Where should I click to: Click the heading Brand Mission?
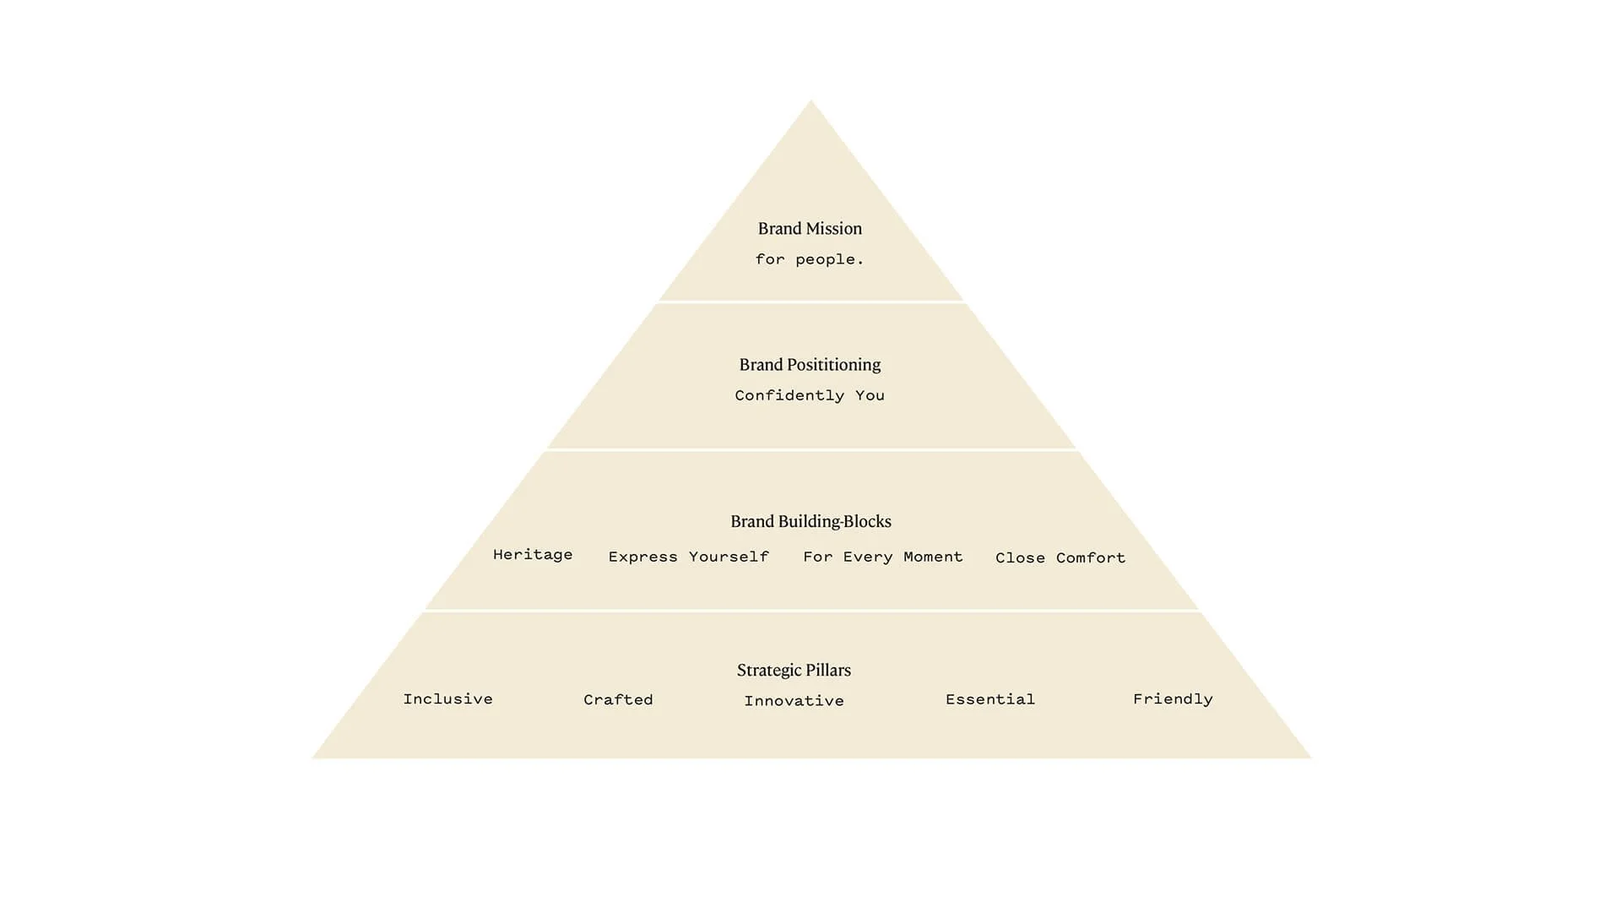(810, 229)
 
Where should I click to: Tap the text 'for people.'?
(810, 259)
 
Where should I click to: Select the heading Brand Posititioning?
(810, 365)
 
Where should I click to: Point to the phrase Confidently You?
(810, 395)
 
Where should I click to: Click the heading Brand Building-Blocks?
(810, 522)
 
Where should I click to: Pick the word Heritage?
(533, 555)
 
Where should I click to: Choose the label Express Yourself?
(688, 557)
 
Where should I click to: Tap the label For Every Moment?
(882, 557)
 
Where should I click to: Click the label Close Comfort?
(1060, 558)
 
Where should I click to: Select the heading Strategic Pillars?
(794, 671)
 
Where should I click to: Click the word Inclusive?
(447, 699)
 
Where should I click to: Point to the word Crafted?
(618, 700)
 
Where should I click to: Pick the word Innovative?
(794, 701)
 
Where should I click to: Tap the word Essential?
(989, 699)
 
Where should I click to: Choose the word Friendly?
(1173, 699)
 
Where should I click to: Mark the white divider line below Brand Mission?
(810, 302)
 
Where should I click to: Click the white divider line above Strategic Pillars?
(810, 611)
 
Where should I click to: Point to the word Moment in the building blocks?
(933, 557)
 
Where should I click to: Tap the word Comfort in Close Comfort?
(1090, 558)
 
